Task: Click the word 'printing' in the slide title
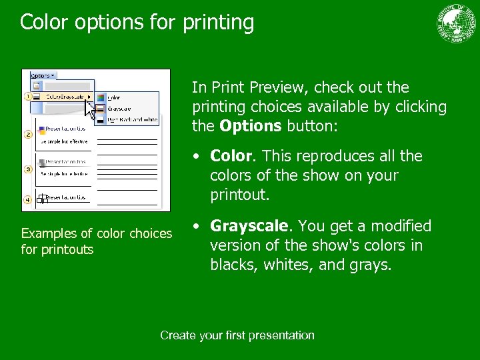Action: coord(216,22)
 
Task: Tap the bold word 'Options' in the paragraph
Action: coord(251,126)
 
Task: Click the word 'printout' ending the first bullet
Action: coord(237,195)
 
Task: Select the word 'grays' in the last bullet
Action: coord(373,265)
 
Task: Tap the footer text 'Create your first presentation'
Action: coord(237,335)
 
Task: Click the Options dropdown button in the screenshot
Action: coord(43,76)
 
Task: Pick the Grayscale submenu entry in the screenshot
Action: coord(119,109)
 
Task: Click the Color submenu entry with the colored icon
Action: coord(115,97)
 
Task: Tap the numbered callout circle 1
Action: coord(28,97)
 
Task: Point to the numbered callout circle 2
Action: coord(28,135)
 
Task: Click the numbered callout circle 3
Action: coord(28,169)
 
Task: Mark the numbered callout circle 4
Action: coord(28,199)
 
